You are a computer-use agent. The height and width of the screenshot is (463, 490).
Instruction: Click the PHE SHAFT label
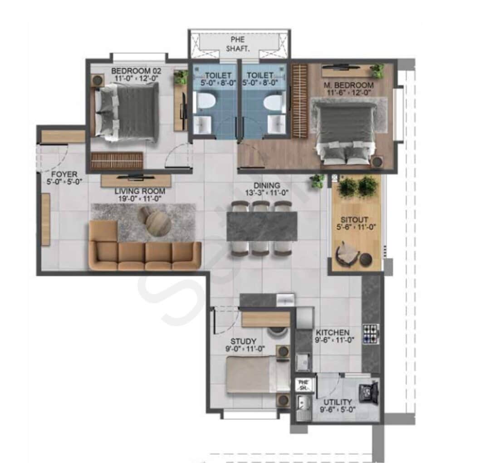click(238, 44)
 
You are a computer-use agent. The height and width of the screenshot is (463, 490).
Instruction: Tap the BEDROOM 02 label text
click(136, 71)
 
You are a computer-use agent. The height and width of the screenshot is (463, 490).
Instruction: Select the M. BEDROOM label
click(348, 85)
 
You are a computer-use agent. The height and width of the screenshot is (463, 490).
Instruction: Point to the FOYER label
click(64, 174)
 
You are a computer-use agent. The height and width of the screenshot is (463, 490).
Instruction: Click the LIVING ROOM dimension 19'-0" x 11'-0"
click(140, 198)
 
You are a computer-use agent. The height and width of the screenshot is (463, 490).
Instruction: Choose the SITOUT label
click(354, 219)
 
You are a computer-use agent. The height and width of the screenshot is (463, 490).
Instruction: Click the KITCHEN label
click(333, 332)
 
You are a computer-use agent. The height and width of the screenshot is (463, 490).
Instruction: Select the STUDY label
click(243, 341)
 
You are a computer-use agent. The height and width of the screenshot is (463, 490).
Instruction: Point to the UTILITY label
click(338, 402)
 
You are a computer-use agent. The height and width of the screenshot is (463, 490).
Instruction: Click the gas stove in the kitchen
click(371, 334)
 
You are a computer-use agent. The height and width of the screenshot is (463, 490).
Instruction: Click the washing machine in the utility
click(369, 392)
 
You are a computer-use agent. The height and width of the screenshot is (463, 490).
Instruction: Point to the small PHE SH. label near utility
click(303, 385)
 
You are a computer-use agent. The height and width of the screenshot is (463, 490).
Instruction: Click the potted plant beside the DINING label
click(318, 181)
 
